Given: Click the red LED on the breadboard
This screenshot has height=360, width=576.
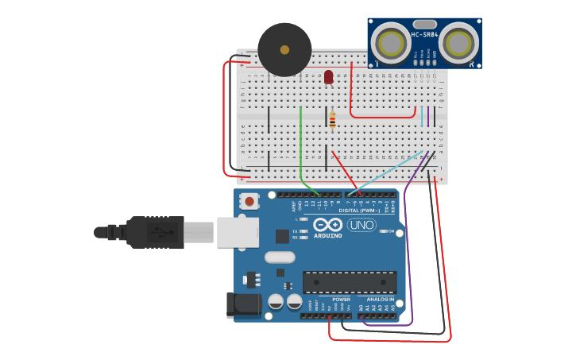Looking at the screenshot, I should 328,76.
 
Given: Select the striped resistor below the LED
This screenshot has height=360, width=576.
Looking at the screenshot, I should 332,121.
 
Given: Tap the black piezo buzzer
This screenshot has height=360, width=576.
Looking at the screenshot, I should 284,49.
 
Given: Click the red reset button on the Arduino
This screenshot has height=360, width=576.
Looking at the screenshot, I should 249,201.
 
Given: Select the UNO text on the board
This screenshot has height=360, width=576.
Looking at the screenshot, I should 361,225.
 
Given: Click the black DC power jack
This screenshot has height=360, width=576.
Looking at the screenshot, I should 242,304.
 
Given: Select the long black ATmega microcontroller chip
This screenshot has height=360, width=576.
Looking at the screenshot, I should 349,282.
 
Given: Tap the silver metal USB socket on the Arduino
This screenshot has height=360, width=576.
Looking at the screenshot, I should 238,232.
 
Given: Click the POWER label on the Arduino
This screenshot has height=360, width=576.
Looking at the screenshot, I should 341,300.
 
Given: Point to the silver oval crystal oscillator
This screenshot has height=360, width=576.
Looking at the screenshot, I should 280,257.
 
